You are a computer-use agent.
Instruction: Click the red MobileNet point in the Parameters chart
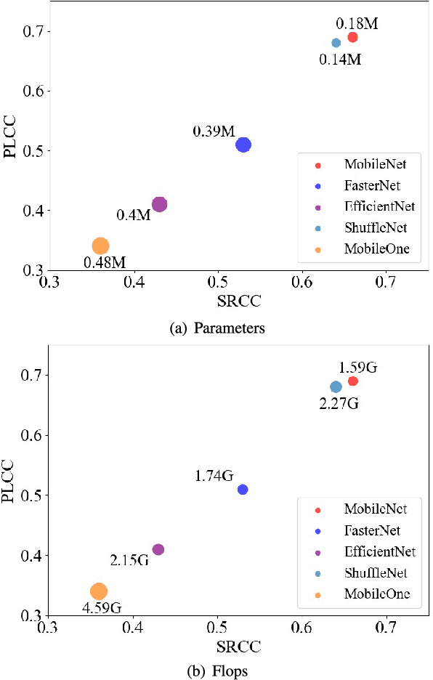click(352, 37)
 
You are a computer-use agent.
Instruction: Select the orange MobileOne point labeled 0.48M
click(100, 246)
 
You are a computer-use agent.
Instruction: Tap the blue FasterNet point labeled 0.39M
click(243, 145)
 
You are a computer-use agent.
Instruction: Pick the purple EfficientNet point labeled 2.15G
click(158, 549)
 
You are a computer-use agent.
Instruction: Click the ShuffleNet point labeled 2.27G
click(336, 386)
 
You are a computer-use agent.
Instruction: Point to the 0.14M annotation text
click(340, 59)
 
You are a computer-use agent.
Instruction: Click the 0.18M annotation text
click(357, 23)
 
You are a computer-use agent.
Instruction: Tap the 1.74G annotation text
click(214, 476)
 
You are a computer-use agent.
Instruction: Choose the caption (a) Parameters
click(216, 328)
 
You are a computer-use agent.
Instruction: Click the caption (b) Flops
click(216, 671)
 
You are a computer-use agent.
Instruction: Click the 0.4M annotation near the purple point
click(133, 215)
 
